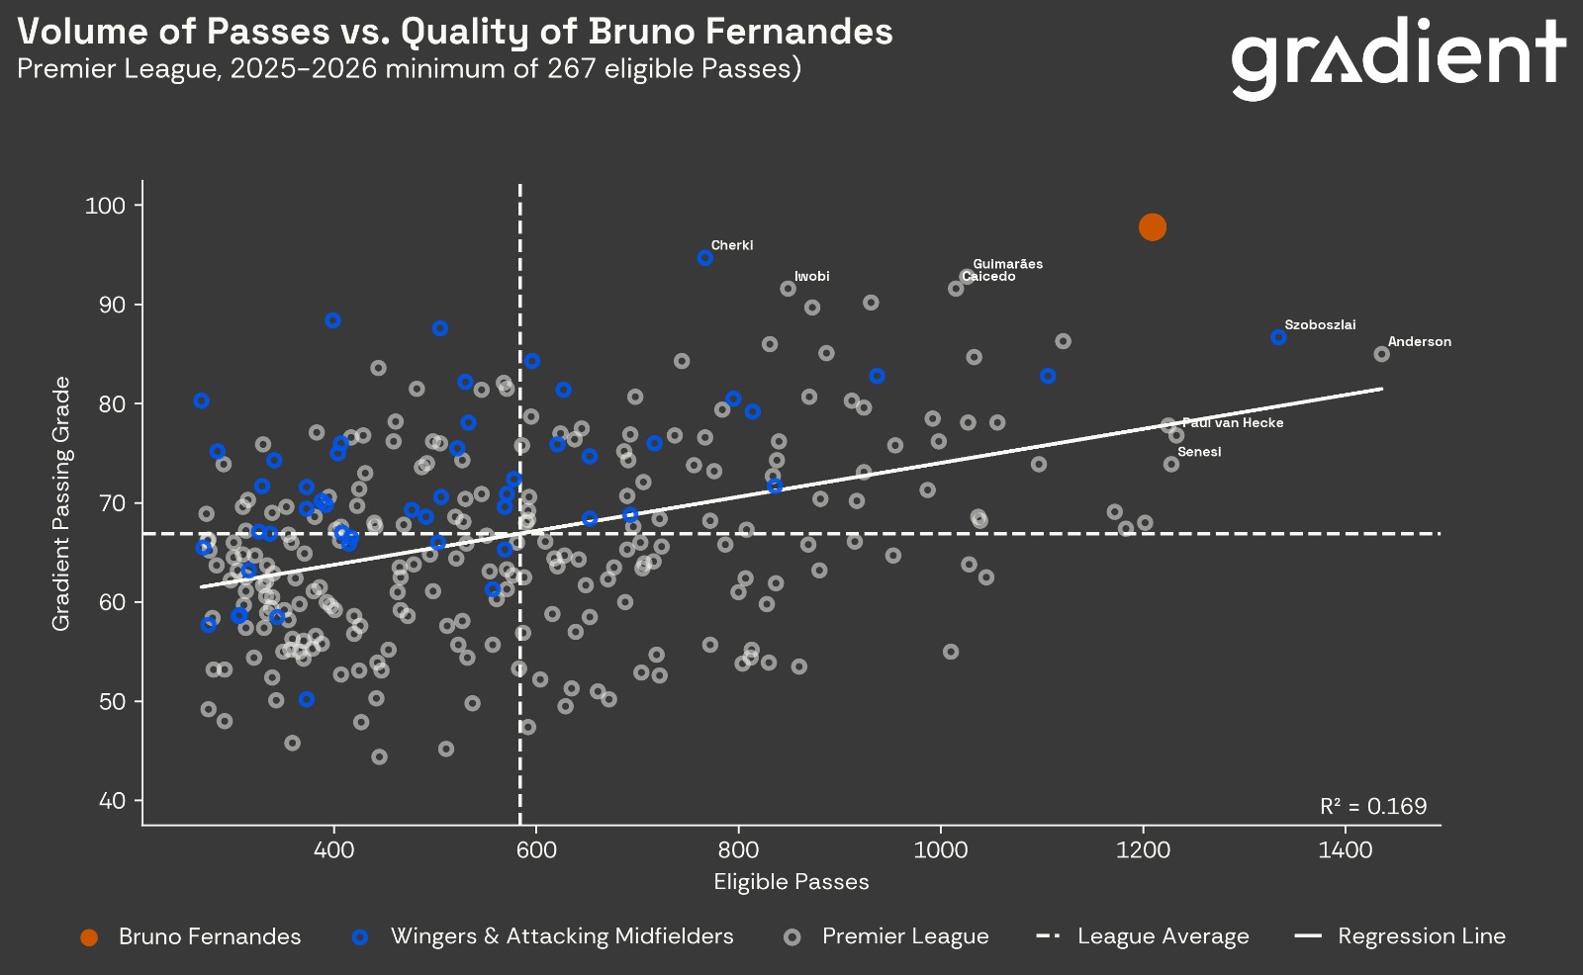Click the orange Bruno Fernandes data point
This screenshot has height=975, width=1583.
pos(1152,227)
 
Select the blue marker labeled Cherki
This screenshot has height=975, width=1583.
pos(705,258)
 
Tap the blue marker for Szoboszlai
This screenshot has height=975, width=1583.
pos(1278,337)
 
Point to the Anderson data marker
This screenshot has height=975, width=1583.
pos(1382,354)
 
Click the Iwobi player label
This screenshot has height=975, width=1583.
pos(811,276)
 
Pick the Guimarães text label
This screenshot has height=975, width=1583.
pos(1007,264)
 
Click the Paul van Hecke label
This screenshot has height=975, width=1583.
pos(1233,423)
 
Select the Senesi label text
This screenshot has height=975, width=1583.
pos(1199,452)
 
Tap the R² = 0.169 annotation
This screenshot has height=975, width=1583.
pos(1373,806)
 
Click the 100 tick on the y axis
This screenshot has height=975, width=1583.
pos(105,206)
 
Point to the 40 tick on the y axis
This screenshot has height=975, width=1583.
pos(111,801)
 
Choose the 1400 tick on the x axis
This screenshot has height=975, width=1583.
pos(1346,850)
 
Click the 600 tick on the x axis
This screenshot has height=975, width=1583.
pos(536,850)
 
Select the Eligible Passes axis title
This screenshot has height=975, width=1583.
pos(791,882)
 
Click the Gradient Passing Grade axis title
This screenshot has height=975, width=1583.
pos(61,503)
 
